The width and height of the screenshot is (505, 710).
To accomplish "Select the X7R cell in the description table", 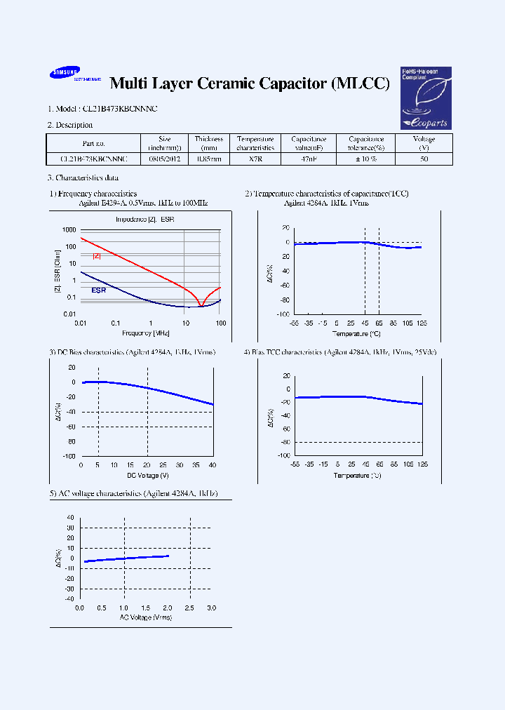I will (255, 159).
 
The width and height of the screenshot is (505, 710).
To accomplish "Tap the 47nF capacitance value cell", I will (309, 159).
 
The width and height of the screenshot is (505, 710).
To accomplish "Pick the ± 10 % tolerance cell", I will (366, 159).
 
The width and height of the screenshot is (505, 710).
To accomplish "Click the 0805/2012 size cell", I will (164, 159).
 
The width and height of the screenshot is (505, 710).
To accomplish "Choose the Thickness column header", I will (208, 143).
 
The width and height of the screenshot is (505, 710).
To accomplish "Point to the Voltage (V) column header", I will (424, 143).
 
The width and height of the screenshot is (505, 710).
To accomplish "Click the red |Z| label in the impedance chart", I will (97, 257).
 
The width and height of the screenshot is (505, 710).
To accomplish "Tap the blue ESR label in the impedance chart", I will (98, 289).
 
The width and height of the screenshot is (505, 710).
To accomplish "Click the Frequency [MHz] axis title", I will (146, 333).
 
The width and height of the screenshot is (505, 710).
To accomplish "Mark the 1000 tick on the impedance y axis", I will (68, 230).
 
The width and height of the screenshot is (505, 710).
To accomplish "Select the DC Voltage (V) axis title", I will (147, 475).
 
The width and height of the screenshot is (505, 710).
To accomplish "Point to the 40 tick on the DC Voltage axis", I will (213, 465).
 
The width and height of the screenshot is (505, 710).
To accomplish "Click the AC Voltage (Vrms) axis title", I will (145, 617).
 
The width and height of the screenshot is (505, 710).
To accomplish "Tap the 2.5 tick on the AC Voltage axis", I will (190, 608).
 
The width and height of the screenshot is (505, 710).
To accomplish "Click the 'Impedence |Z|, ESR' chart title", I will (145, 220).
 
